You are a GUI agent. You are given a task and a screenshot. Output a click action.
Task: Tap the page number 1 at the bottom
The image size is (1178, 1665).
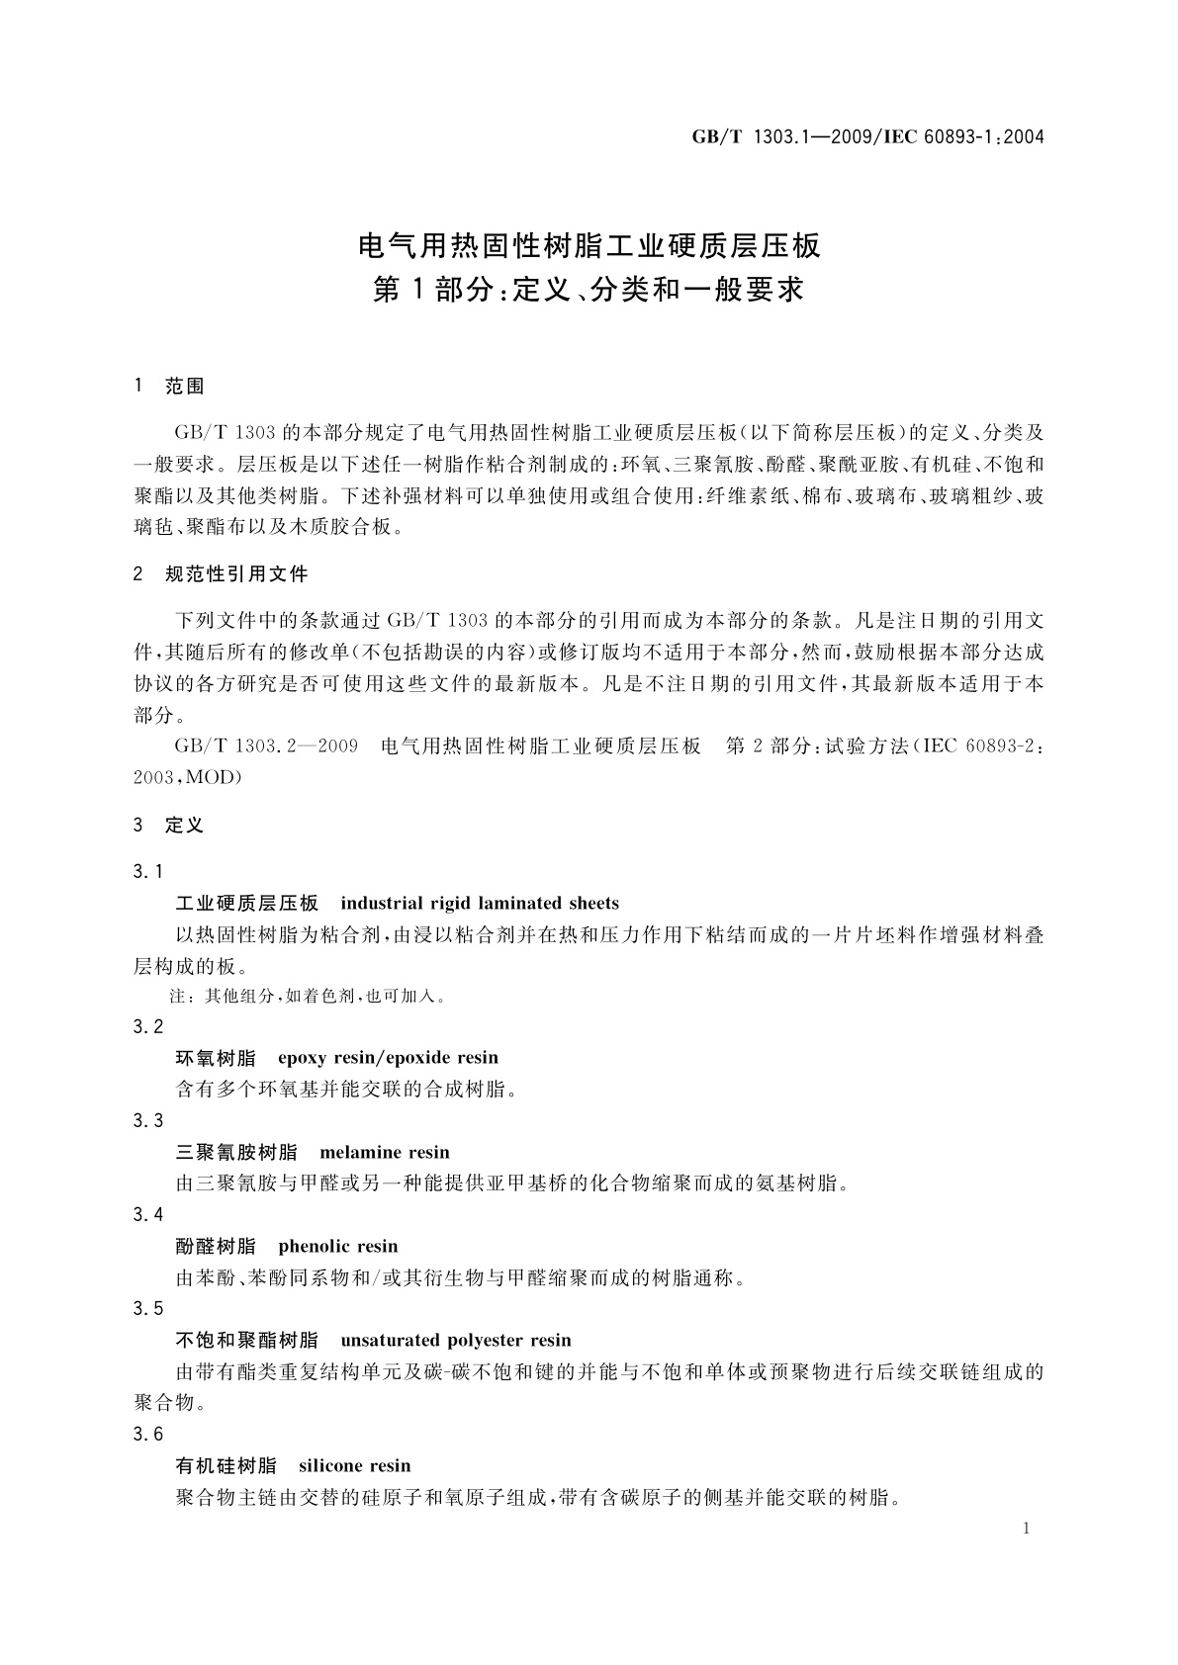pos(1027,1529)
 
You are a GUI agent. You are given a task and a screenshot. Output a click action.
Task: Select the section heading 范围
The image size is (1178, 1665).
pos(185,387)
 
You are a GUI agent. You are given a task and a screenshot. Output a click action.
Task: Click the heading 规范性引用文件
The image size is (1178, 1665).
pos(236,573)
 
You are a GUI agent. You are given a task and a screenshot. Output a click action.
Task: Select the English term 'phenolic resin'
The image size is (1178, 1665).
pos(338,1246)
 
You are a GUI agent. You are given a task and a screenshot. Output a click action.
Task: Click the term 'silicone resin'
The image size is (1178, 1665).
pos(354,1465)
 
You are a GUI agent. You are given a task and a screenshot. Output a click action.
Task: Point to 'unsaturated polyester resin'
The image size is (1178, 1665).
pos(456,1341)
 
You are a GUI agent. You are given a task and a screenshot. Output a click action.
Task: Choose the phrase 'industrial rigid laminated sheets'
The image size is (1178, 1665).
pos(479,903)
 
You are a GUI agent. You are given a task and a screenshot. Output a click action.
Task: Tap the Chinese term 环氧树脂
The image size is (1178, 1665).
pos(216,1058)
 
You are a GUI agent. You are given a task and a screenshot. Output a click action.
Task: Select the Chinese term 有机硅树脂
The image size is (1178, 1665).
pos(226,1465)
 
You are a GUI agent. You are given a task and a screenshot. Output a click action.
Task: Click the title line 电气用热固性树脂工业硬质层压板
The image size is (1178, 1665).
pos(589,244)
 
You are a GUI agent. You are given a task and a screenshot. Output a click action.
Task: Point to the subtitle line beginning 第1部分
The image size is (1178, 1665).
pos(589,290)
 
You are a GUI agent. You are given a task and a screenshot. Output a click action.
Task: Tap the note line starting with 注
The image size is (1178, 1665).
pos(308,997)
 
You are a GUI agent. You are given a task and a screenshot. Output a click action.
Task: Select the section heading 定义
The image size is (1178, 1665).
pos(185,825)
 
